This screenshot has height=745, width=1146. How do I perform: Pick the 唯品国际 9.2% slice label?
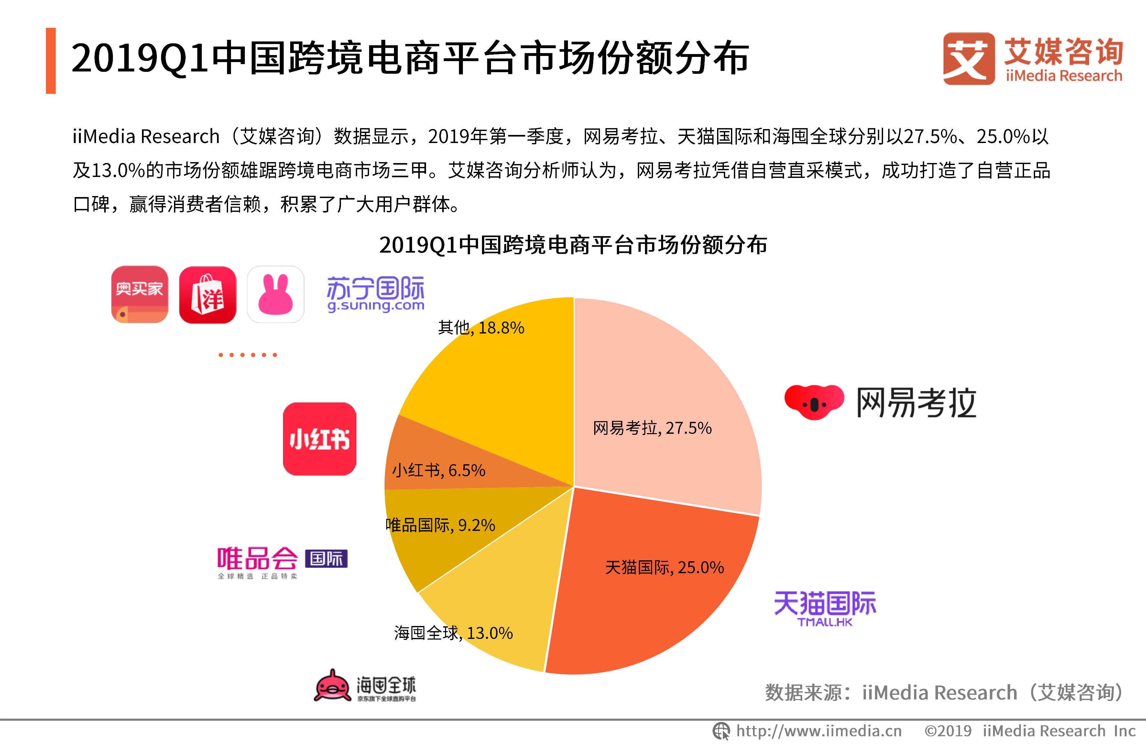[x=441, y=525]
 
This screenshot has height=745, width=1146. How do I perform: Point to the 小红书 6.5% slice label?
[x=438, y=470]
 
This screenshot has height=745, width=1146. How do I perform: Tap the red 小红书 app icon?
[x=319, y=439]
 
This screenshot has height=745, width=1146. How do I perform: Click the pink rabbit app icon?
[x=276, y=294]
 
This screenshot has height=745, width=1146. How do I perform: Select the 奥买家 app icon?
[x=140, y=294]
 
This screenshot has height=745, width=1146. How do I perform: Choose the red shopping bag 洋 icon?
[x=208, y=294]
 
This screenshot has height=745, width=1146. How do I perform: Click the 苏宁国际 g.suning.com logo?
[x=376, y=294]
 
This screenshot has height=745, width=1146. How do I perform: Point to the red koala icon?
[x=814, y=402]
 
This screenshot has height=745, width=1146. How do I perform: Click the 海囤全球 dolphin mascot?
[x=332, y=685]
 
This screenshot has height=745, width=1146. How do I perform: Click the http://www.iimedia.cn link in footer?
[x=819, y=731]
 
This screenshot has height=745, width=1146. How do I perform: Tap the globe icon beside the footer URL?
[x=721, y=731]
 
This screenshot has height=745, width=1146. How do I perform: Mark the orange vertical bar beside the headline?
[x=50, y=61]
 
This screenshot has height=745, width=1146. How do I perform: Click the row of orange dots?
[x=247, y=355]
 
